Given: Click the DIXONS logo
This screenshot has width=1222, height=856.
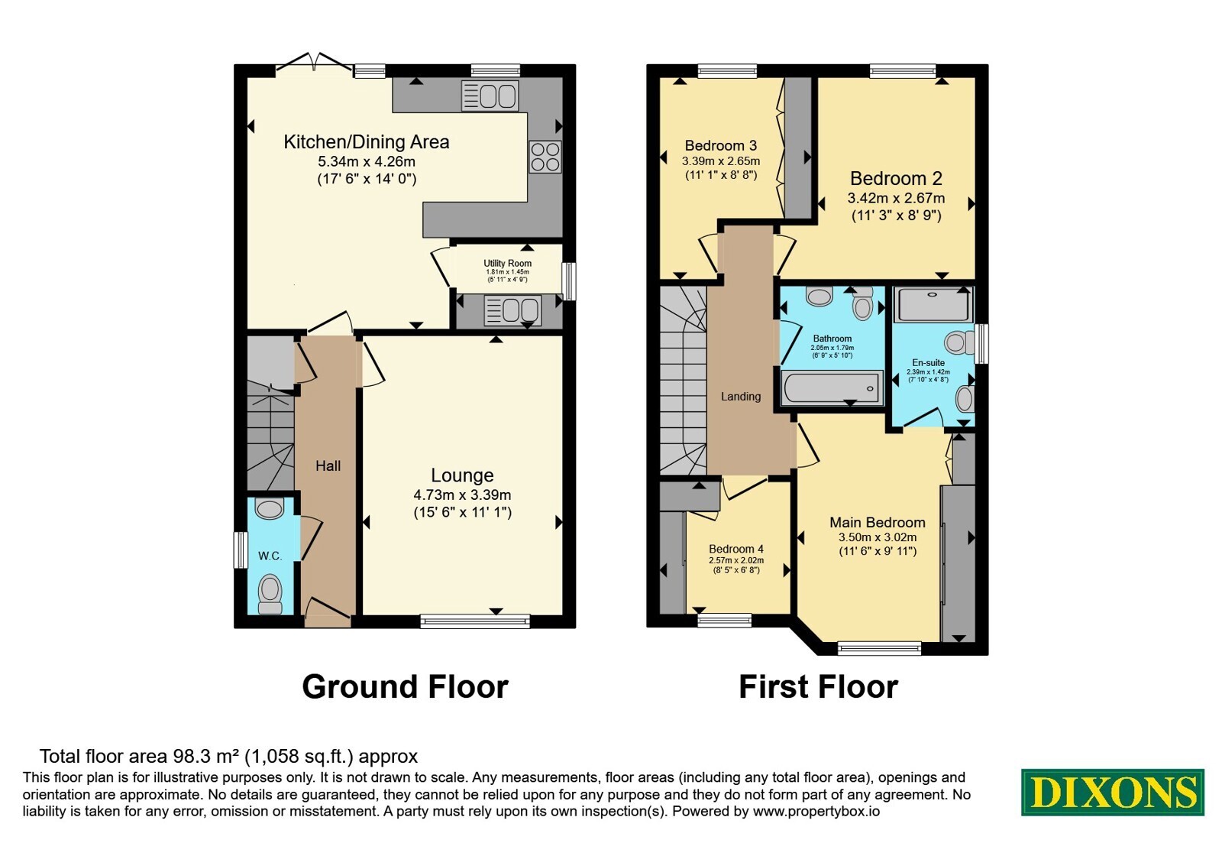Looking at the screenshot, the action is tap(1112, 792).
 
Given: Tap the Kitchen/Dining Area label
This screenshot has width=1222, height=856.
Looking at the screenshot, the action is tap(366, 142).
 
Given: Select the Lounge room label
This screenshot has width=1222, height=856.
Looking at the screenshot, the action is tap(462, 475).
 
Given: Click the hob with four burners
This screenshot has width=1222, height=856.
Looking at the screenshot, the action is tap(545, 157).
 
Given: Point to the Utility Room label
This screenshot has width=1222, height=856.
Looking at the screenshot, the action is tap(507, 263).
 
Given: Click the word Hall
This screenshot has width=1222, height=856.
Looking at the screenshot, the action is tap(328, 465).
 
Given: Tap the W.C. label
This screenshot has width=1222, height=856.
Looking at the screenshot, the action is tap(270, 556).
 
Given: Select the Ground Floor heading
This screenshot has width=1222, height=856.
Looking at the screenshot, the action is tap(405, 687).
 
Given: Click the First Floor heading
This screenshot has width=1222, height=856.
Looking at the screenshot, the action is tap(818, 687).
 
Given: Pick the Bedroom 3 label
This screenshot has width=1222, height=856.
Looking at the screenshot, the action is tap(721, 146).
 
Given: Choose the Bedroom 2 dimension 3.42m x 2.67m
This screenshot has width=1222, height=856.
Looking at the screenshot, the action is tap(896, 198).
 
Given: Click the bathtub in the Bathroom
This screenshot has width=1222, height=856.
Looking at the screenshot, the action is tap(832, 388).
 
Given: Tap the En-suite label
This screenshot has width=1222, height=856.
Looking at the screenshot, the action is tap(928, 362).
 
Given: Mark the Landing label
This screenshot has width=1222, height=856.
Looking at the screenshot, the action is tap(740, 397).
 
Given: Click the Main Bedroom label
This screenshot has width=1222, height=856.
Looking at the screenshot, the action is tap(878, 523).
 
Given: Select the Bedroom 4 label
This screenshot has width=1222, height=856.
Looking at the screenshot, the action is tap(736, 550).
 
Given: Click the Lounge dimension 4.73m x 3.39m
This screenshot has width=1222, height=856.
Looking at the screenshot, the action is tap(462, 495).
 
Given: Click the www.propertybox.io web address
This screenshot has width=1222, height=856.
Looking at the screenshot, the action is tap(816, 811).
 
